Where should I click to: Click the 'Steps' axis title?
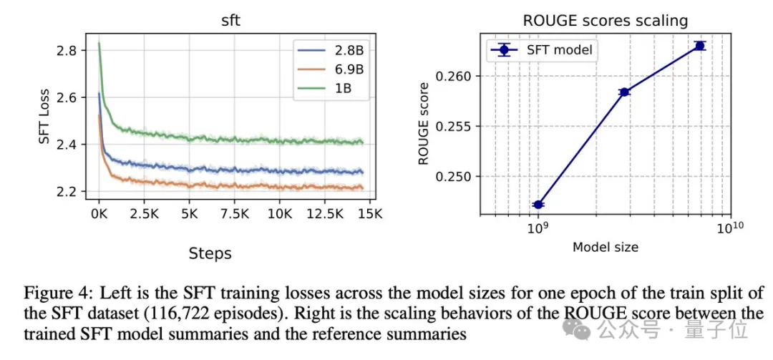pyautogui.click(x=210, y=253)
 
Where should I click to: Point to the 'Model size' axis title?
pyautogui.click(x=605, y=247)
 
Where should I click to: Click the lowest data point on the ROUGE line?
pyautogui.click(x=538, y=205)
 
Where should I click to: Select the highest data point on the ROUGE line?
pyautogui.click(x=699, y=46)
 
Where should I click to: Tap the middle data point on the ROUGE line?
pyautogui.click(x=624, y=92)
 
